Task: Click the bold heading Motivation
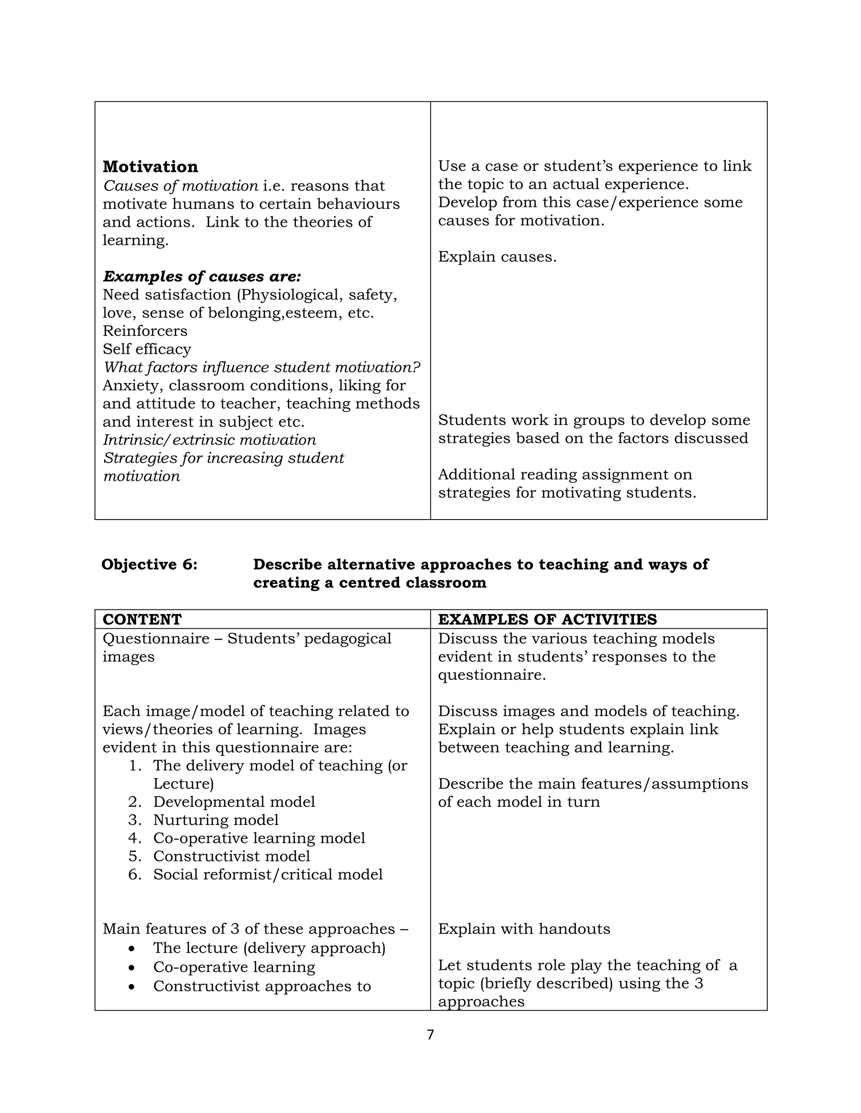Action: pyautogui.click(x=150, y=167)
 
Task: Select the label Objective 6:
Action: pyautogui.click(x=149, y=564)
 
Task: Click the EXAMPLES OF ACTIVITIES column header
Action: pyautogui.click(x=547, y=619)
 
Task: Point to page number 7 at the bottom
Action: pyautogui.click(x=430, y=1035)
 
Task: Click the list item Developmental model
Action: pyautogui.click(x=234, y=802)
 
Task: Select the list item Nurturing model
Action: pyautogui.click(x=216, y=820)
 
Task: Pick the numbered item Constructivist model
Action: pyautogui.click(x=232, y=856)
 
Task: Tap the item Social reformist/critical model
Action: pyautogui.click(x=268, y=874)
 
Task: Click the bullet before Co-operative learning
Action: pyautogui.click(x=132, y=967)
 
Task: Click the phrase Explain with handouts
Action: pyautogui.click(x=524, y=929)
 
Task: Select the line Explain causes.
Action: pyautogui.click(x=497, y=257)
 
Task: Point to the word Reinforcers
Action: pyautogui.click(x=145, y=331)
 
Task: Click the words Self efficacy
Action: pyautogui.click(x=147, y=349)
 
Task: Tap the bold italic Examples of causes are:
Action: pyautogui.click(x=202, y=277)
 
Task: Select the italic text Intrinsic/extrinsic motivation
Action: pyautogui.click(x=209, y=440)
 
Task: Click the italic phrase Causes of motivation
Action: pyautogui.click(x=180, y=186)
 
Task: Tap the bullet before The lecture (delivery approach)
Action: pyautogui.click(x=132, y=948)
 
